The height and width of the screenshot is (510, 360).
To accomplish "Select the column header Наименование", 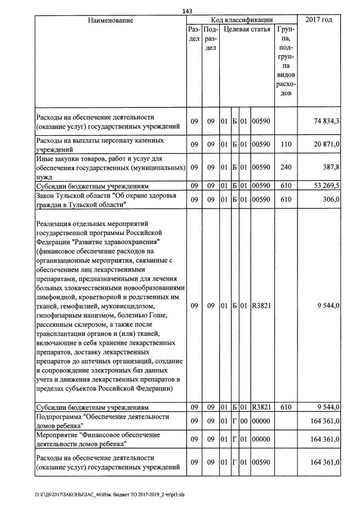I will pyautogui.click(x=110, y=20).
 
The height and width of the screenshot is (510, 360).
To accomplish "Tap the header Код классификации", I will pyautogui.click(x=242, y=20).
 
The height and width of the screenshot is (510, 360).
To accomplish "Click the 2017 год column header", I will pyautogui.click(x=319, y=20).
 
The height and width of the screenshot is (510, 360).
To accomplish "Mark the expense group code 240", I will pyautogui.click(x=285, y=167).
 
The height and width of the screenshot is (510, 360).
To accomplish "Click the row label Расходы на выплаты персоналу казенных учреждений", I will pyautogui.click(x=99, y=144).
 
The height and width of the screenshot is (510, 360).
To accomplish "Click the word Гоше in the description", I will pyautogui.click(x=166, y=315).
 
